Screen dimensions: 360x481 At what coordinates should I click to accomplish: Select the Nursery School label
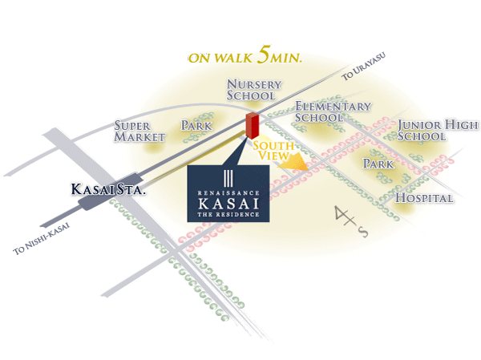(x=252, y=90)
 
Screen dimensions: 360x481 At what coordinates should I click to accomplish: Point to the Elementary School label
(x=332, y=111)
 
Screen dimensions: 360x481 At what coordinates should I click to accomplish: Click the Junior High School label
(x=437, y=130)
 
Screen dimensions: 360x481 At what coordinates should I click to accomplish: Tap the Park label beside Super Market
(x=196, y=126)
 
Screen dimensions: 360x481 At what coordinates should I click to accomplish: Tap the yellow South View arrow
(x=298, y=164)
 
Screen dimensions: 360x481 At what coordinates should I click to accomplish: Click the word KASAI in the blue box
(x=228, y=204)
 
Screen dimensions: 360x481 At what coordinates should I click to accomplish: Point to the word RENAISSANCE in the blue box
(x=228, y=191)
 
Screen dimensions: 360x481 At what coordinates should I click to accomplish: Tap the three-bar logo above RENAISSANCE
(x=228, y=178)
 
